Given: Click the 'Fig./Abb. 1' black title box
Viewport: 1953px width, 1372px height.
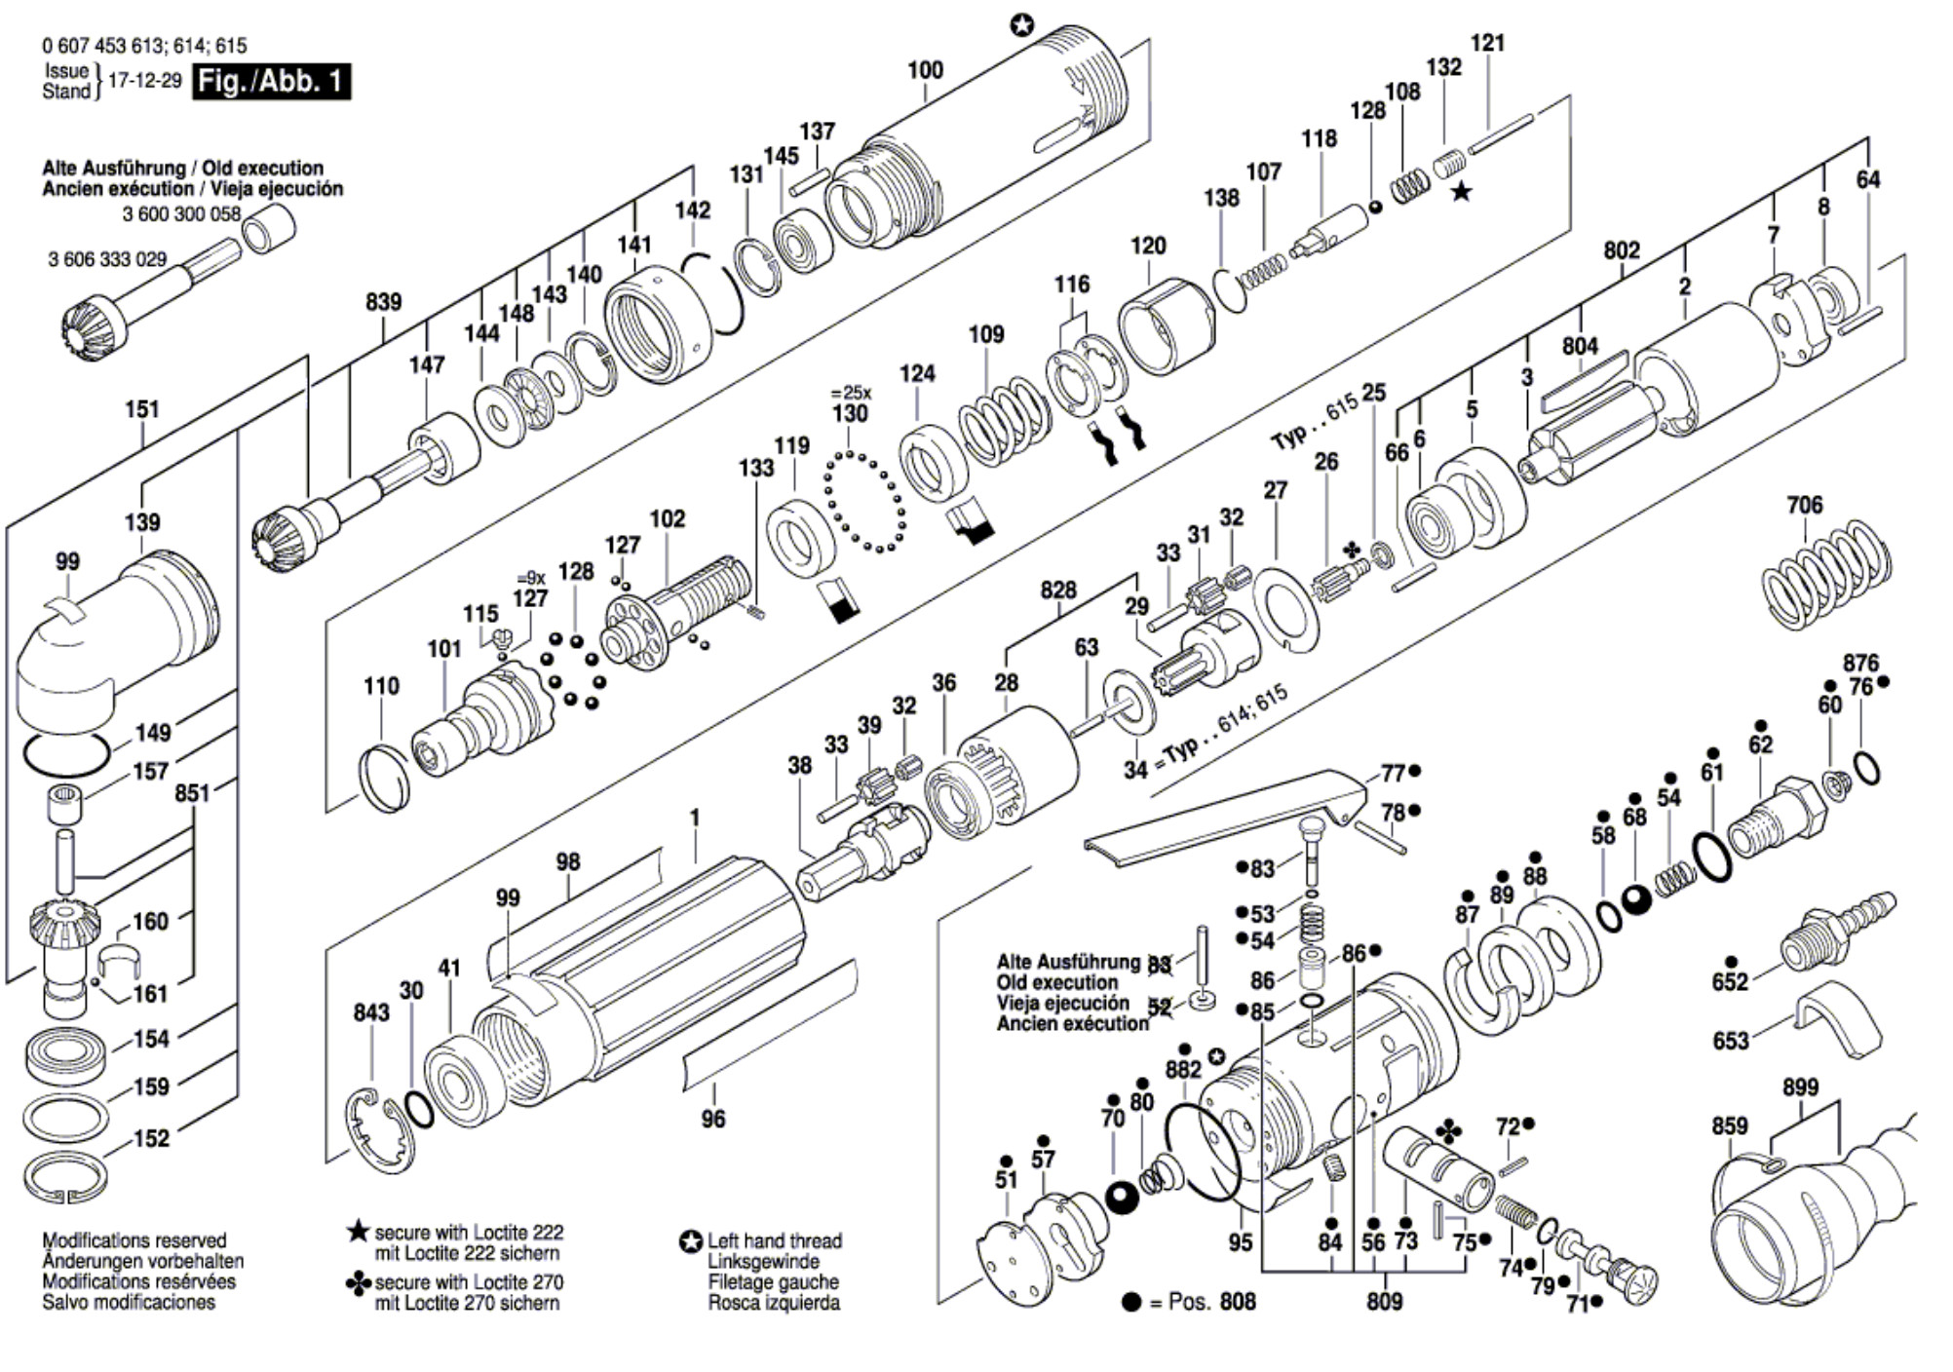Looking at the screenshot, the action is [272, 81].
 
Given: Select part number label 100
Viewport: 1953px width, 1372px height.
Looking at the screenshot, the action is [925, 70].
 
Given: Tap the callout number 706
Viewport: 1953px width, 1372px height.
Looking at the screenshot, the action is [1804, 505].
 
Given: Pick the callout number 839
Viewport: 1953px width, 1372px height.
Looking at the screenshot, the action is [383, 302].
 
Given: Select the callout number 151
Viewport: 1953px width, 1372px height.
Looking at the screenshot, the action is [142, 409].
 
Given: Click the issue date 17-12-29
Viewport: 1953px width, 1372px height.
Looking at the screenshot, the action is [144, 81].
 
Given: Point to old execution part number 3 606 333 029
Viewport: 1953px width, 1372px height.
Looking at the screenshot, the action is [107, 259].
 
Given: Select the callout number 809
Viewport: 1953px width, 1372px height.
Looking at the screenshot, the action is [1384, 1302].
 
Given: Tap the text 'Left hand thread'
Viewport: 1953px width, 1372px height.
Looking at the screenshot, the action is [775, 1240].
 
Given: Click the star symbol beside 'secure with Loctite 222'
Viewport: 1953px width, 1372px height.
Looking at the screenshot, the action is [358, 1231].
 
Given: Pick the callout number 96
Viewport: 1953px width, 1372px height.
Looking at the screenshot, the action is [713, 1119].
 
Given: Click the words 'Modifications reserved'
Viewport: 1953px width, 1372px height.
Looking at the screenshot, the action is [134, 1240].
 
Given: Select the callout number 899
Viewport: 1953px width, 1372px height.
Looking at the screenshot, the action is [1800, 1087].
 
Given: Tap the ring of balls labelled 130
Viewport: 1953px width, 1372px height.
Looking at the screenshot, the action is [864, 501].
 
